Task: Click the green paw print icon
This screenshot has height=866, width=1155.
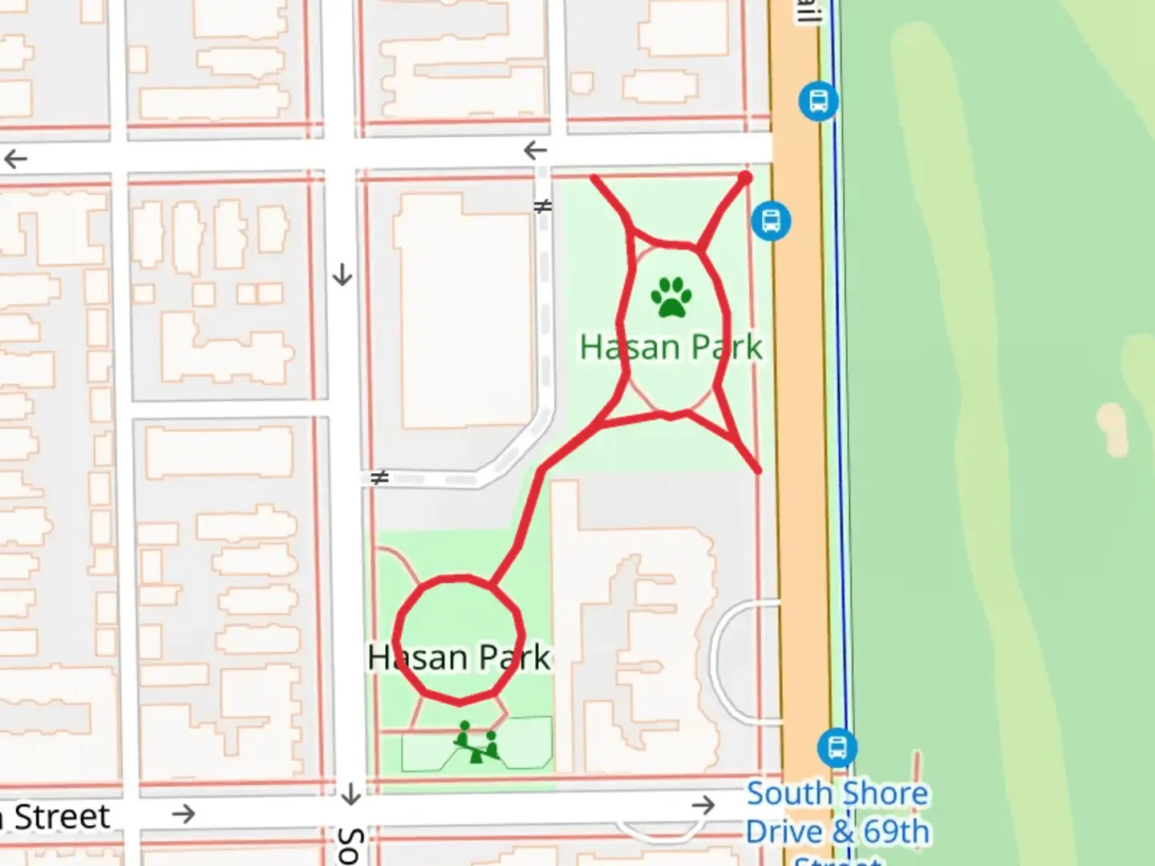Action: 671,297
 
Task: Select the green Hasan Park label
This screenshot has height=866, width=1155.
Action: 671,347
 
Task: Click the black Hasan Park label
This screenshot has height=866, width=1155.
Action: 459,658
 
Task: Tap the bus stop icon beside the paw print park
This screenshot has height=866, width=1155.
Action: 771,220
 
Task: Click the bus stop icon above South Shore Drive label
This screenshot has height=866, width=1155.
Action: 837,747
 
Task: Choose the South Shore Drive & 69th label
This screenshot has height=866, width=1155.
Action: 837,812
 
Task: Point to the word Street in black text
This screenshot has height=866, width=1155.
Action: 63,816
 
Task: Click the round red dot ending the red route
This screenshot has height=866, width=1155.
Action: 745,177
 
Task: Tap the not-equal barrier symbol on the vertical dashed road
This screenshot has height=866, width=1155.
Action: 543,207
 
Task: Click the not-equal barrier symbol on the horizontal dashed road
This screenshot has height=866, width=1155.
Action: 379,478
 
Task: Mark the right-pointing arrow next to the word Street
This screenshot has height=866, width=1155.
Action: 184,814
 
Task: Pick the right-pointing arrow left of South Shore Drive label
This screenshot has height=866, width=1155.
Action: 703,805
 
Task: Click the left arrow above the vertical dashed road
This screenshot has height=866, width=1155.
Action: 535,150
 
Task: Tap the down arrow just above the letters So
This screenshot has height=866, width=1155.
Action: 351,794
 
